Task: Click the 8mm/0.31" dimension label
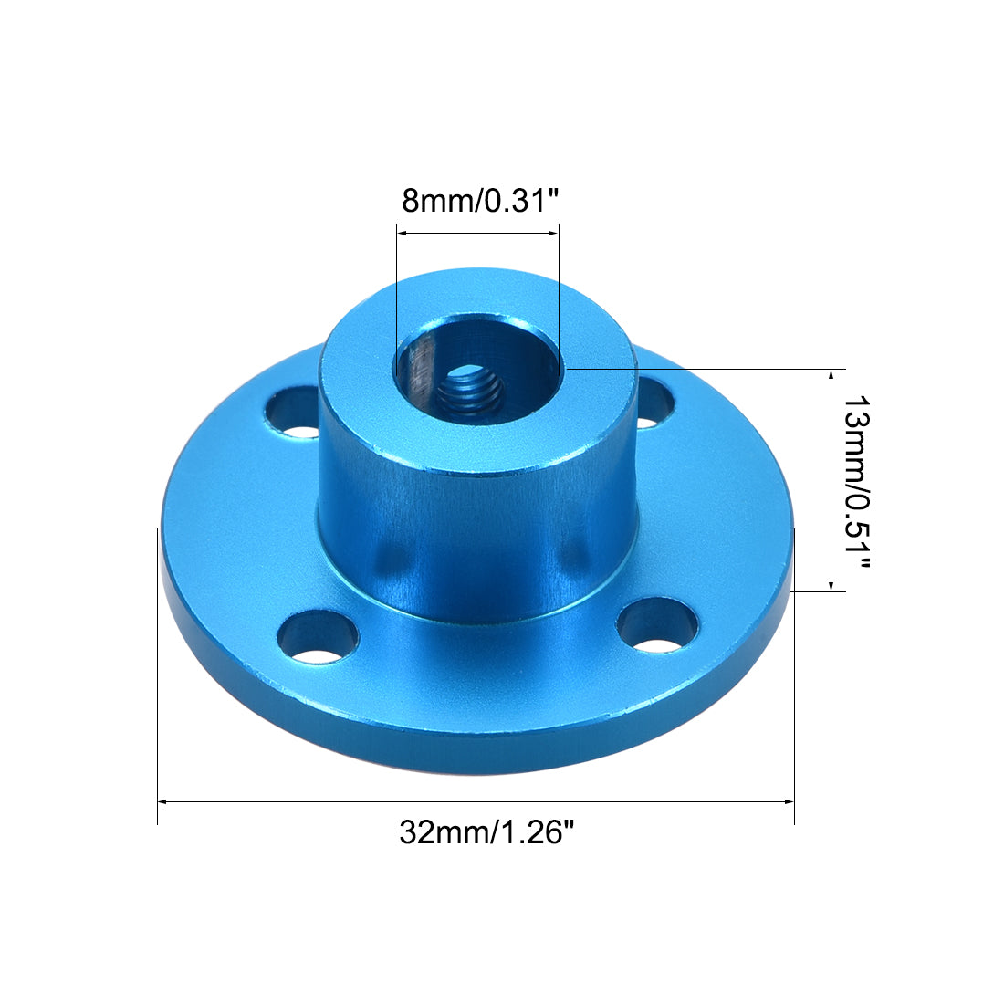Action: [479, 200]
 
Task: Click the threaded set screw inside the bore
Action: [469, 393]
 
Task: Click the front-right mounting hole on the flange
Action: [657, 626]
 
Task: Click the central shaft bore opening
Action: [476, 362]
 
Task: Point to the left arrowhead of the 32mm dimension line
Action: [163, 801]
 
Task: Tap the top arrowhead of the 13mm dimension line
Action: [831, 375]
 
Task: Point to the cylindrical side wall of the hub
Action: [475, 539]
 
